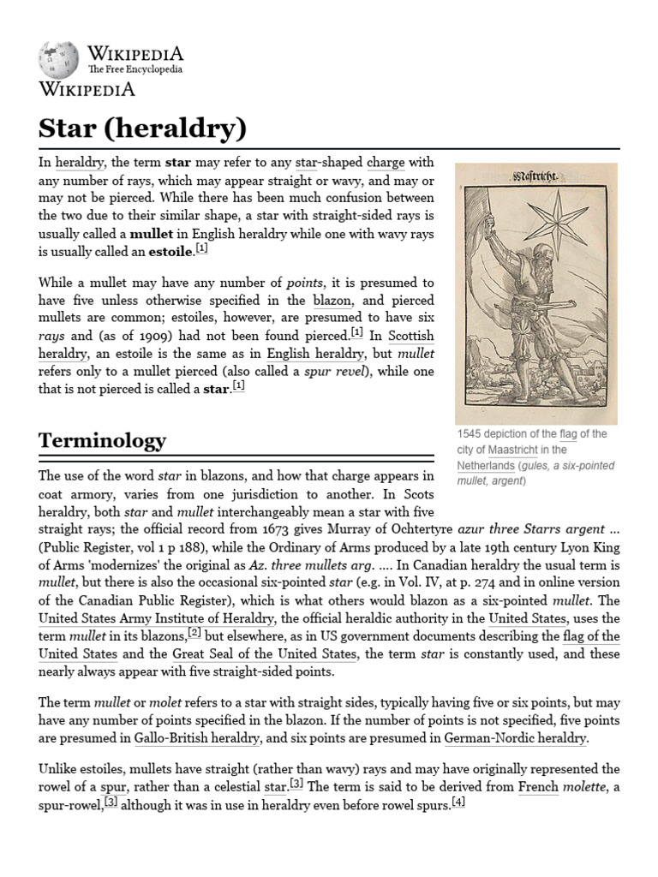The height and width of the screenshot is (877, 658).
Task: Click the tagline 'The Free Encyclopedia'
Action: click(135, 69)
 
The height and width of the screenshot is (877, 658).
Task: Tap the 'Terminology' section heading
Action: click(102, 440)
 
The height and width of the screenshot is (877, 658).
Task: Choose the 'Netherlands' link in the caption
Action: click(486, 465)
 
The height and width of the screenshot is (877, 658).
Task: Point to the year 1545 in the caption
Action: click(470, 434)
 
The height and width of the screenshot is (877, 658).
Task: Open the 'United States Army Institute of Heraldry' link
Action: click(157, 618)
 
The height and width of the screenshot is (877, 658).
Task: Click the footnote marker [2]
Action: click(194, 633)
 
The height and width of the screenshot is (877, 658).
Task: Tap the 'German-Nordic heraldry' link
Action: click(514, 737)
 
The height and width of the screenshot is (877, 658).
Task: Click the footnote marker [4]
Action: click(458, 802)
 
